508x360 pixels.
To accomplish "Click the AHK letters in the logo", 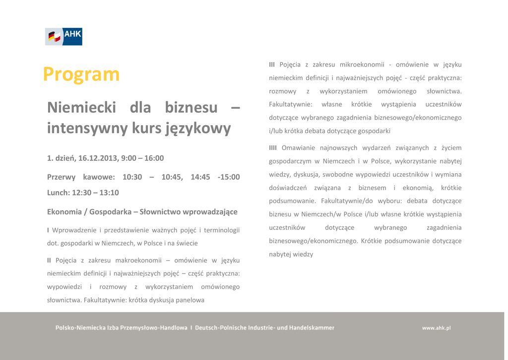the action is click(72, 34).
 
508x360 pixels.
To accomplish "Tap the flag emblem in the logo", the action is click(55, 36).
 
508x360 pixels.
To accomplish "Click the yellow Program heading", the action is click(81, 74).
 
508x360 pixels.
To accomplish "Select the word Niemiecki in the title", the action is click(82, 107).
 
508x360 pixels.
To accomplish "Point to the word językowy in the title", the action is click(198, 129).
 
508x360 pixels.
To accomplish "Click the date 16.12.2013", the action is click(98, 158).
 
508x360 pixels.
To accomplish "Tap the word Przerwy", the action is click(61, 177).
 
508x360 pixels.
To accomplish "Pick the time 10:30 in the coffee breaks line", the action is click(132, 177).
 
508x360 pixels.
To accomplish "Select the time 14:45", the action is click(200, 177).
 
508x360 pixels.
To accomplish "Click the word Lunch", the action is click(58, 193).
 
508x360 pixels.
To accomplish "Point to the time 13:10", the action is click(109, 193).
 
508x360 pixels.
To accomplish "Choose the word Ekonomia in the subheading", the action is click(64, 212).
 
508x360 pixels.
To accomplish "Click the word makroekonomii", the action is click(138, 260).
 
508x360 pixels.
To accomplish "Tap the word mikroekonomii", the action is click(362, 65).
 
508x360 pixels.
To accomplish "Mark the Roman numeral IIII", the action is click(273, 148).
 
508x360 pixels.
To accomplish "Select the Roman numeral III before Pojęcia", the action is click(272, 65).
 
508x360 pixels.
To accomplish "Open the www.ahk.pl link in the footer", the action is click(436, 328).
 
